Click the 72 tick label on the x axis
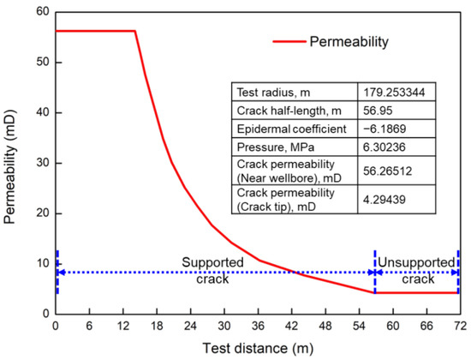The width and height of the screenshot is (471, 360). pos(459,327)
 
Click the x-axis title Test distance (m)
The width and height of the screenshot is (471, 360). pos(257,347)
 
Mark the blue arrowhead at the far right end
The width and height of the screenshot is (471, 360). pos(456,273)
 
